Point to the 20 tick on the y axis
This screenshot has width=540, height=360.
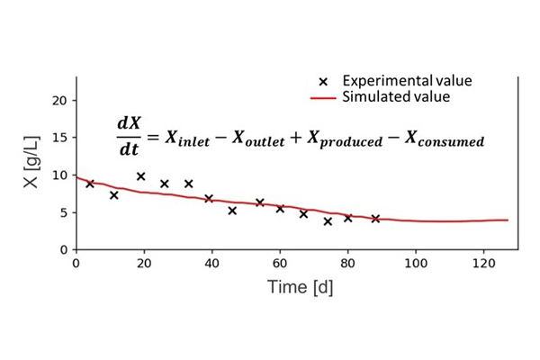(61, 100)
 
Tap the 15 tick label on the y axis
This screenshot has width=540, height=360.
(61, 138)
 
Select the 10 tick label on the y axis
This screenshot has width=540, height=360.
(61, 175)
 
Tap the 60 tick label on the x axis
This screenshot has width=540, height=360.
(279, 264)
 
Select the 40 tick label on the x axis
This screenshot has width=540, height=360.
(211, 264)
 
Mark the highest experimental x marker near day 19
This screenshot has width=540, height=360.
(141, 176)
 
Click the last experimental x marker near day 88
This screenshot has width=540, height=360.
(375, 219)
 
